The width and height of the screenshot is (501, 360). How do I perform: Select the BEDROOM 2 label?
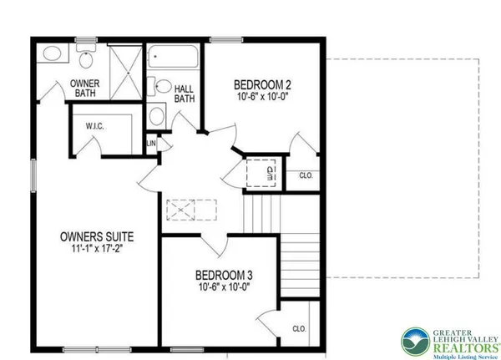(261, 84)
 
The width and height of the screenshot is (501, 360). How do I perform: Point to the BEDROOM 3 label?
(223, 275)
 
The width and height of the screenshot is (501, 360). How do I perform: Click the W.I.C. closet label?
(94, 126)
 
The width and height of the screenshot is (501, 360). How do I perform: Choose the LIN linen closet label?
(151, 143)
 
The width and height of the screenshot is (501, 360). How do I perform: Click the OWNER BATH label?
(84, 88)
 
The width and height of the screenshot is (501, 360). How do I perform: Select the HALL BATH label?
(185, 92)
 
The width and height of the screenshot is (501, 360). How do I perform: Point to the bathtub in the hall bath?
(174, 58)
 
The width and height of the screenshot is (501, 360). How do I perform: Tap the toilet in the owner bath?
(85, 59)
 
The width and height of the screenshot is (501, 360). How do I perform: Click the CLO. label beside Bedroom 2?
(306, 175)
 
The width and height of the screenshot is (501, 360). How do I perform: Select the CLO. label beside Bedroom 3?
(299, 328)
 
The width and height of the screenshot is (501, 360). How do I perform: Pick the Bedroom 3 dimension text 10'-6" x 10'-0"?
(223, 286)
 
